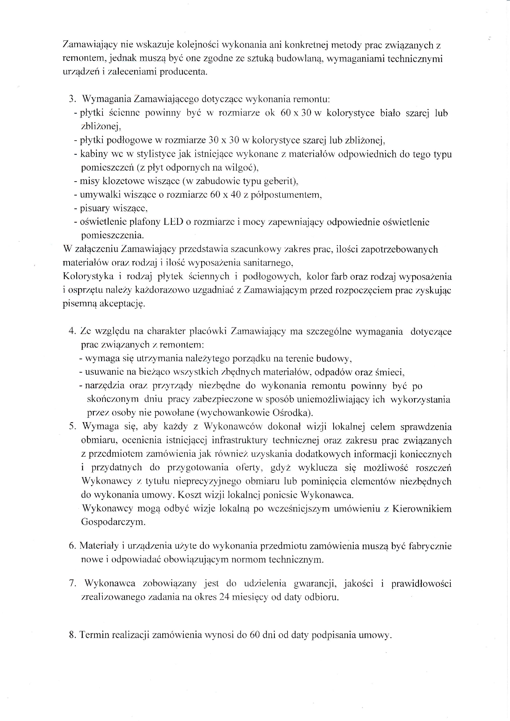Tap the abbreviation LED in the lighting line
pos(173,222)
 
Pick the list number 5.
pos(72,427)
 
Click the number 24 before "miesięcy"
pos(224,597)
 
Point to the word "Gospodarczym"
pos(113,522)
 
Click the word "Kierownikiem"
pos(422,509)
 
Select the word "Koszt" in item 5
pos(189,495)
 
